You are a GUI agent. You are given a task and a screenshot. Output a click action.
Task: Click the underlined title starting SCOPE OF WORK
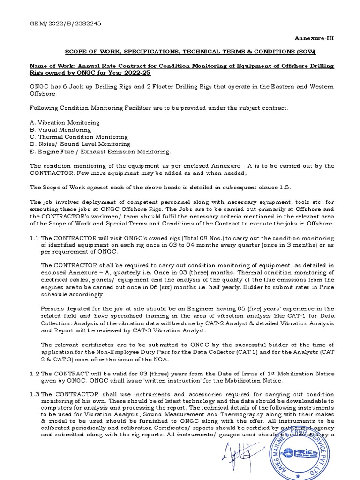(x=190, y=51)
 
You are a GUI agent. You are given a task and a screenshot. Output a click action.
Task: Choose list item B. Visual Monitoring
(x=60, y=130)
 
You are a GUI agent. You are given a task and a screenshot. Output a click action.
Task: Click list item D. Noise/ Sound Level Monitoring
(x=80, y=144)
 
